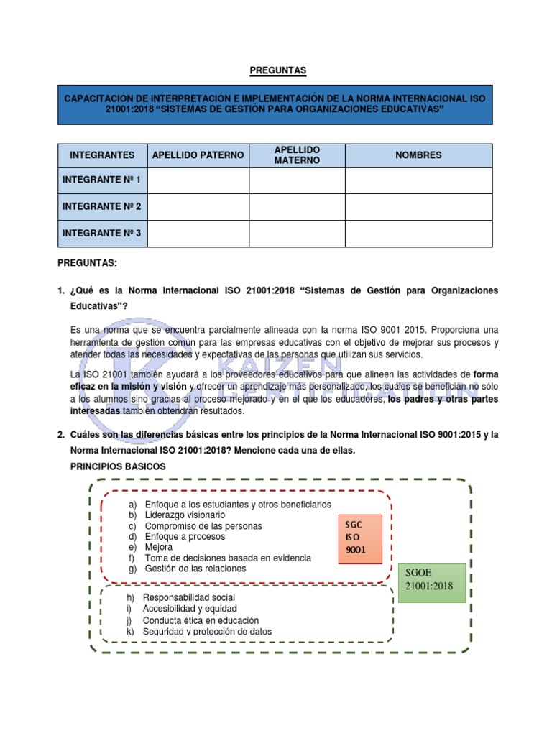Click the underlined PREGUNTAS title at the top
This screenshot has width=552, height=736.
coord(277,70)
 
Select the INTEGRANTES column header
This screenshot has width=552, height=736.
coord(102,155)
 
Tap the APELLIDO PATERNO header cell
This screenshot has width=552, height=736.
coord(198,155)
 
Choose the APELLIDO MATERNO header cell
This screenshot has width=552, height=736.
coord(297,155)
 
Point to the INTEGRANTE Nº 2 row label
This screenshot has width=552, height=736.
coord(102,207)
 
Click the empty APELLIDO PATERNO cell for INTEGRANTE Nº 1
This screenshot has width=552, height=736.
coord(198,180)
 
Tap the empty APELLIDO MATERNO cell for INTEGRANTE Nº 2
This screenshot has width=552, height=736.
coord(297,207)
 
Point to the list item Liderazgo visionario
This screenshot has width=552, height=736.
coord(185,515)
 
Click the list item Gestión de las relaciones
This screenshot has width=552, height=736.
coord(195,569)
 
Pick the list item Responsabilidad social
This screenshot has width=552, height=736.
coord(188,597)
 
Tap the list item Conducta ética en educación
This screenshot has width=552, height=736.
coord(201,620)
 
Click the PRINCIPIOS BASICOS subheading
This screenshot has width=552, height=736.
coord(118,466)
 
